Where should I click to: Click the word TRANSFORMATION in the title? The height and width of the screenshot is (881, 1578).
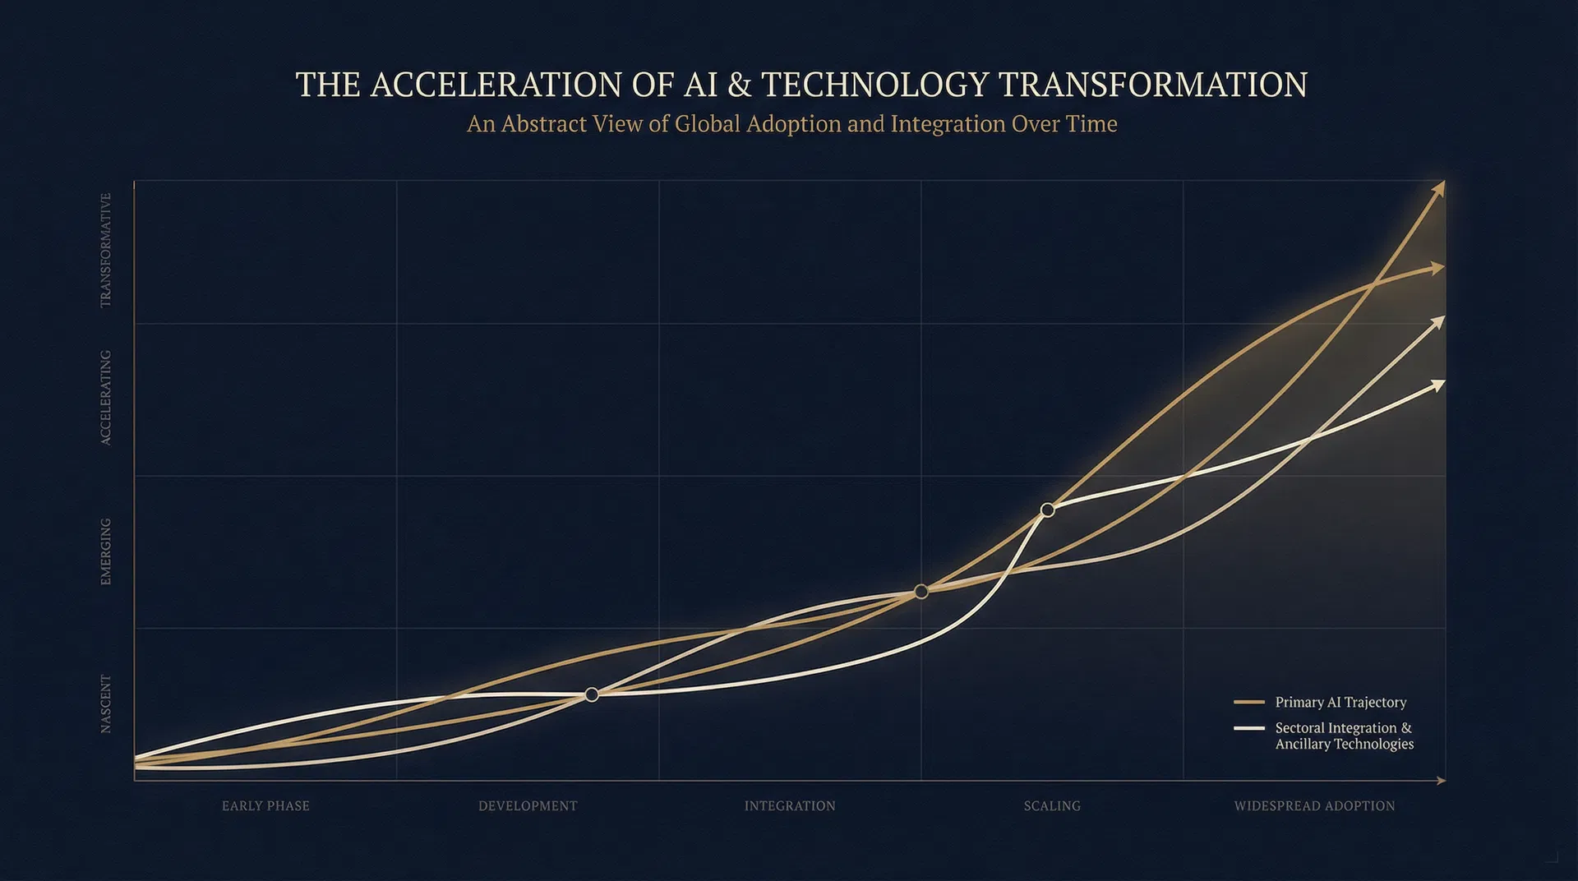click(1152, 85)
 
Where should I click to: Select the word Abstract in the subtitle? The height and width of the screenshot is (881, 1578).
click(543, 124)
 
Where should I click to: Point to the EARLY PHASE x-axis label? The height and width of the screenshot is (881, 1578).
click(265, 806)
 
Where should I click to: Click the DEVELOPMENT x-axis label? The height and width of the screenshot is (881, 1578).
click(528, 806)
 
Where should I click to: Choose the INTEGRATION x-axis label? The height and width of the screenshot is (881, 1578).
click(790, 806)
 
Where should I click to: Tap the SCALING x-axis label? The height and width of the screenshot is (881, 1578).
click(1052, 806)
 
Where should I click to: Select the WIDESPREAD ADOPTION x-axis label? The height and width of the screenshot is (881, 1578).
click(1314, 806)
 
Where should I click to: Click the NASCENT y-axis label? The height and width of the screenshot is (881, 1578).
click(105, 703)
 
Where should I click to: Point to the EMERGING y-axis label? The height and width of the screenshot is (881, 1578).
click(105, 551)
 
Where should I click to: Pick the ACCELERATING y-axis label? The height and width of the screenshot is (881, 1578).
click(105, 398)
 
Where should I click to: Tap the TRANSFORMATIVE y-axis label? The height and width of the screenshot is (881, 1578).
click(105, 251)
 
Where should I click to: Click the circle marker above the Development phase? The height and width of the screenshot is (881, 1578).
click(592, 695)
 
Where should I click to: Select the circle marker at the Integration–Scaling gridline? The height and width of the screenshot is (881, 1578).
click(921, 592)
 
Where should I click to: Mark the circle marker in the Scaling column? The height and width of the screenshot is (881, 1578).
click(1047, 510)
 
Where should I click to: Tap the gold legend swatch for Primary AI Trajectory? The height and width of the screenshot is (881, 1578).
click(1248, 703)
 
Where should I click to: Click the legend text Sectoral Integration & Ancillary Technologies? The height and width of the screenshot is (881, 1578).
click(1344, 736)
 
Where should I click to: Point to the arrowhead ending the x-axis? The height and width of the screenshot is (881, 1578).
click(1441, 781)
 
